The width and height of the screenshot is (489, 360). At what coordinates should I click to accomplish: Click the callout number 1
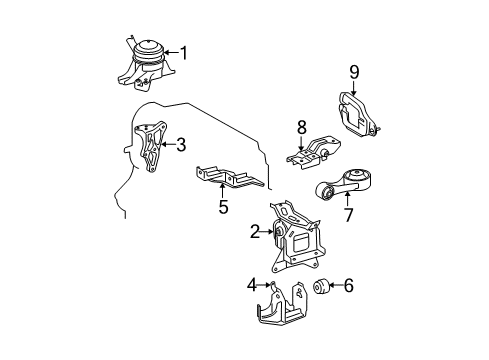click(x=183, y=52)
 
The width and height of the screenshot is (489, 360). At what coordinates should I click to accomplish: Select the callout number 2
click(x=255, y=233)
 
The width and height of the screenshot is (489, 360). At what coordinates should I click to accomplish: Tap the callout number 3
click(x=180, y=145)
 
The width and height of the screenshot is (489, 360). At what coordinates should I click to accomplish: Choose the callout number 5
click(x=223, y=208)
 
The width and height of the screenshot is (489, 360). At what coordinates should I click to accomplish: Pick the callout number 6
click(x=348, y=287)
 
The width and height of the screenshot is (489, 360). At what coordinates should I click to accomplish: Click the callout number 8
click(x=300, y=127)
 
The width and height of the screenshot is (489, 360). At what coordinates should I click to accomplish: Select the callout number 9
click(x=353, y=71)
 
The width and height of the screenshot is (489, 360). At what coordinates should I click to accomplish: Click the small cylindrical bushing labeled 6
click(x=324, y=288)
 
